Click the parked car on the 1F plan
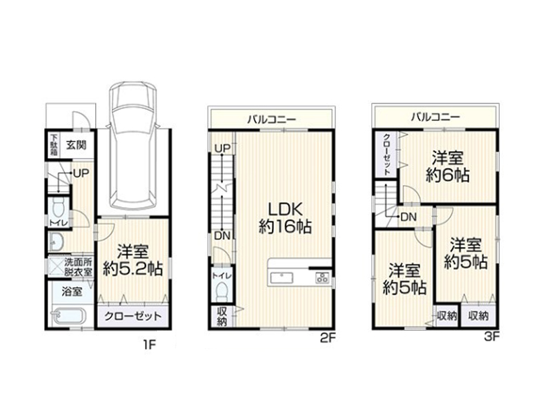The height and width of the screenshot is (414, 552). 132,146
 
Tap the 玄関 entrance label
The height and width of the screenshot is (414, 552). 77,145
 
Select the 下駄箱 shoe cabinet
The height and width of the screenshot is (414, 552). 54,145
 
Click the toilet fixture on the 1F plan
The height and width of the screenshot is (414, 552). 58,208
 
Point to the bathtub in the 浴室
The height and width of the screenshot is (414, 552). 68,316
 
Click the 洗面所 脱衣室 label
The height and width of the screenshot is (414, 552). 78,267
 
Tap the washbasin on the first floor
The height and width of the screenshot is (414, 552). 56,242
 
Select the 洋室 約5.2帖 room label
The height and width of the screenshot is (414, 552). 132,260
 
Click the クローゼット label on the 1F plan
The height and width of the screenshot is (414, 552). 132,316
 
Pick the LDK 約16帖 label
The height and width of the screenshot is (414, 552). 285,218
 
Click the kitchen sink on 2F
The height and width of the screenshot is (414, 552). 282,278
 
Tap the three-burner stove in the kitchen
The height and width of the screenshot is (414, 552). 322,277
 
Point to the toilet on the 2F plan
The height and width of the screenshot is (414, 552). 221,292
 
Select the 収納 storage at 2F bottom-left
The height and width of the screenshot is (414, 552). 221,317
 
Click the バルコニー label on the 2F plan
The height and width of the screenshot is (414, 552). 271,119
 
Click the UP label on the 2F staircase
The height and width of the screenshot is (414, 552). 222,148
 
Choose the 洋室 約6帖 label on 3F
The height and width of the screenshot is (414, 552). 447,166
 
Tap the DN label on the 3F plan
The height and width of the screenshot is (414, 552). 408,217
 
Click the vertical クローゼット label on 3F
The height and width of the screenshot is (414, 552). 386,154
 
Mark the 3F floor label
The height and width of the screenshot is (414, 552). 492,337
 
